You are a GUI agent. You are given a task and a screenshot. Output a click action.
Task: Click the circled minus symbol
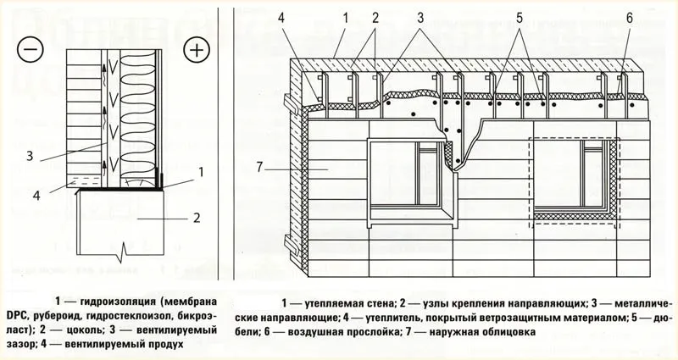pyautogui.click(x=30, y=49)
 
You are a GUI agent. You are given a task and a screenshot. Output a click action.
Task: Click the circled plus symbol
pyautogui.click(x=197, y=49)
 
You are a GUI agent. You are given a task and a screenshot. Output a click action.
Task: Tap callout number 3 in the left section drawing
pyautogui.click(x=30, y=156)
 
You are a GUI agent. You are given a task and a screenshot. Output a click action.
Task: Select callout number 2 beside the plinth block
pyautogui.click(x=196, y=218)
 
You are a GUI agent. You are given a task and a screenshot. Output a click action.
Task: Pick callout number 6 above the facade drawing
pyautogui.click(x=629, y=17)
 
